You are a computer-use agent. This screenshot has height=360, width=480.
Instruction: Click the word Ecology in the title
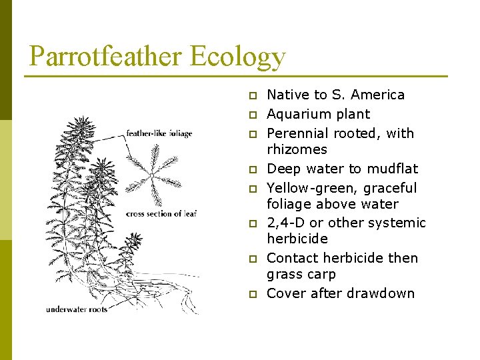(238, 57)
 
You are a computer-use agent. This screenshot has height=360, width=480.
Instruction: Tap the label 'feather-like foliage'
(159, 133)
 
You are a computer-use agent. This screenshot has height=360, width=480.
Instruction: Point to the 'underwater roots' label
(77, 309)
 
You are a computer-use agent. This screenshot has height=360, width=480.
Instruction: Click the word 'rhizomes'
(297, 149)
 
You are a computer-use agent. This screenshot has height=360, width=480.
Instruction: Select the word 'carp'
(322, 275)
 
